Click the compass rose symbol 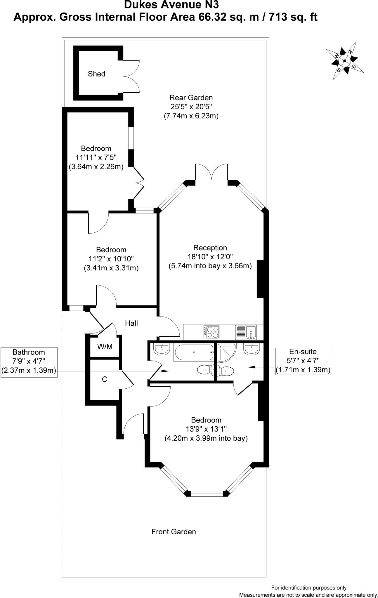tap(345, 61)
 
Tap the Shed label tap(96, 74)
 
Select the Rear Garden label tap(191, 98)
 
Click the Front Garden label tap(174, 532)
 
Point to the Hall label tap(131, 323)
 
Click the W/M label tap(105, 347)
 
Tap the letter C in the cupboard tap(104, 379)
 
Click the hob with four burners tap(211, 332)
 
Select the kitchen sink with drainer tap(246, 332)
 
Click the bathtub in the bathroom tap(194, 352)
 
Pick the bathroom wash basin tap(161, 349)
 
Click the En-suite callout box tap(303, 361)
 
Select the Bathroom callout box tap(29, 361)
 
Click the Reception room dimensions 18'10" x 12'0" tap(210, 257)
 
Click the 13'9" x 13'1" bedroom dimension tap(206, 429)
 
